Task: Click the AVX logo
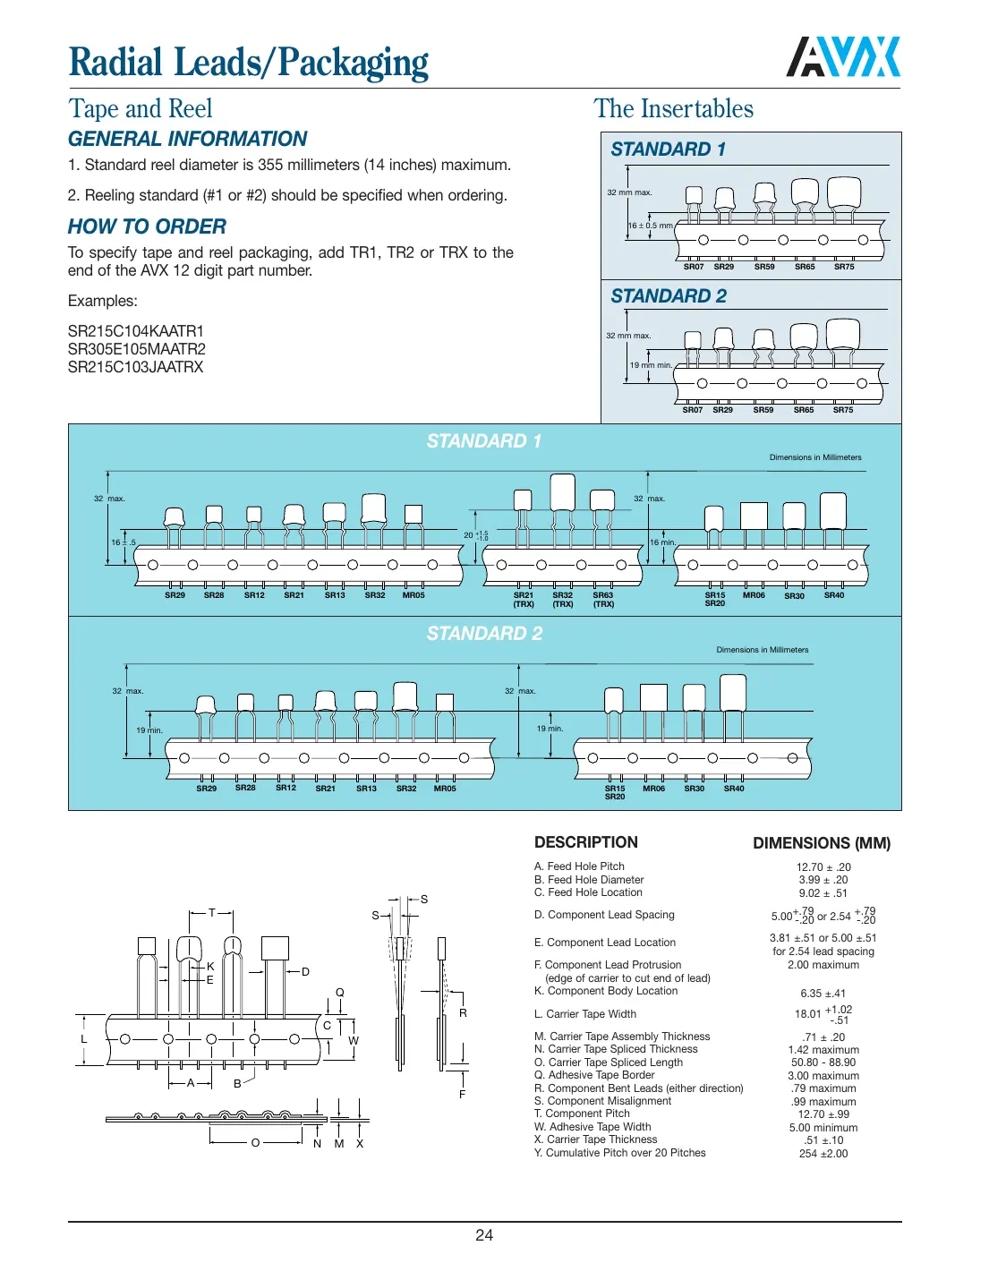tap(843, 57)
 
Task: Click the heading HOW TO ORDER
tap(147, 226)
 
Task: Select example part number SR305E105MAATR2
tap(136, 349)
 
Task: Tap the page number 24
tap(484, 1235)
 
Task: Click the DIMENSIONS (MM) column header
tap(821, 843)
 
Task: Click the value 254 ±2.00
tap(823, 1154)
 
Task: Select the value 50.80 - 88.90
tap(823, 1062)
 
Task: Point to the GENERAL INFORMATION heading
tap(187, 139)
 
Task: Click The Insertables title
tap(673, 109)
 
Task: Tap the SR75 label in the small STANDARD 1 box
tap(843, 267)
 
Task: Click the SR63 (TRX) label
tap(603, 599)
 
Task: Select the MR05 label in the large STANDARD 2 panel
tap(444, 789)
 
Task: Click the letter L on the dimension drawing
tap(84, 1039)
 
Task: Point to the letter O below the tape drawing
tap(255, 1143)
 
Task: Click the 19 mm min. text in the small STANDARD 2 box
tap(650, 365)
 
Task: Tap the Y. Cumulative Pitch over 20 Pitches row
tap(619, 1153)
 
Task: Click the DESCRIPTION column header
tap(585, 842)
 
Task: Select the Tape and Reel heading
tap(141, 109)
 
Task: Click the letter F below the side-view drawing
tap(462, 1095)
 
